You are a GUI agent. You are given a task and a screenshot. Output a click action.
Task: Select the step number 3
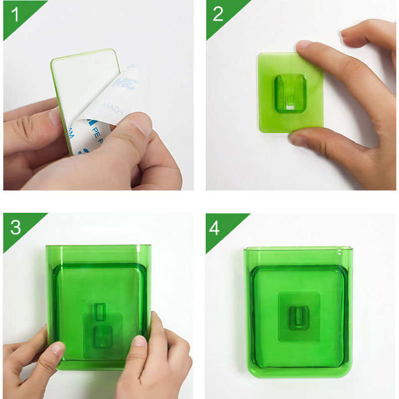15,227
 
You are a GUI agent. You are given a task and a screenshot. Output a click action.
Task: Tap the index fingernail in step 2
304,45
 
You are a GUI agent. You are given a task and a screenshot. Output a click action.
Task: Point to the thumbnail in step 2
299,139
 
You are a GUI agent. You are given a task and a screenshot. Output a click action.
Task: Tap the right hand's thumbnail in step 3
140,341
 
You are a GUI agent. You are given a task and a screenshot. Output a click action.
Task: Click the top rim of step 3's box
98,246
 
